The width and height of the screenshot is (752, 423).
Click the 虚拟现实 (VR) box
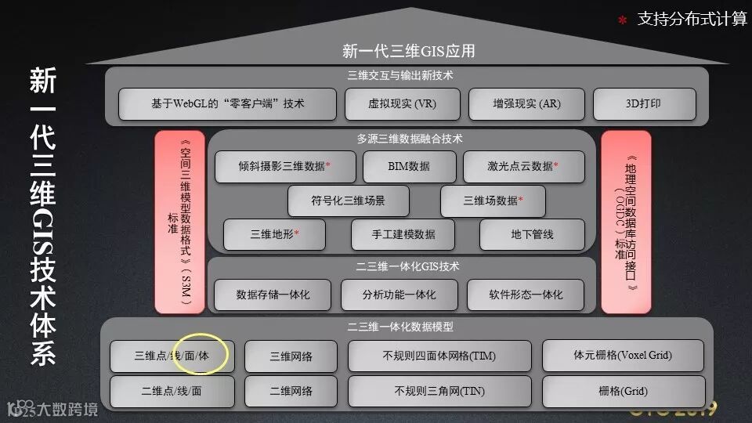(402, 104)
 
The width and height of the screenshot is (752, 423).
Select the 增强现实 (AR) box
(526, 104)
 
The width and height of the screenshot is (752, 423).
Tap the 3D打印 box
(644, 104)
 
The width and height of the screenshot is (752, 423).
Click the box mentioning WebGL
(227, 104)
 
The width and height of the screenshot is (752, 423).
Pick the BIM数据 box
(409, 166)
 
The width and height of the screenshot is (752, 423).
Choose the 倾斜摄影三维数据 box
(284, 166)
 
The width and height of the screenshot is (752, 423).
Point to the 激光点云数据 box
(523, 166)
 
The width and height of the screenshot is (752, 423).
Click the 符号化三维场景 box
(348, 201)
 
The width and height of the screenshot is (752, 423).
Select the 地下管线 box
(533, 234)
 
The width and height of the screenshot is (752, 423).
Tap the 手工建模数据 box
(403, 234)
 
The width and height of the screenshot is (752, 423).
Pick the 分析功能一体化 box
(399, 295)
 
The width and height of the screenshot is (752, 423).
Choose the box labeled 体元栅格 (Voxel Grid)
(623, 356)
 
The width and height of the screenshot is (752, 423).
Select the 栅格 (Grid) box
(623, 391)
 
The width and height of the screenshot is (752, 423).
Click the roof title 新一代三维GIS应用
(408, 52)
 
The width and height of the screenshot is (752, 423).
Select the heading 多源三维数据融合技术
(409, 139)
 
